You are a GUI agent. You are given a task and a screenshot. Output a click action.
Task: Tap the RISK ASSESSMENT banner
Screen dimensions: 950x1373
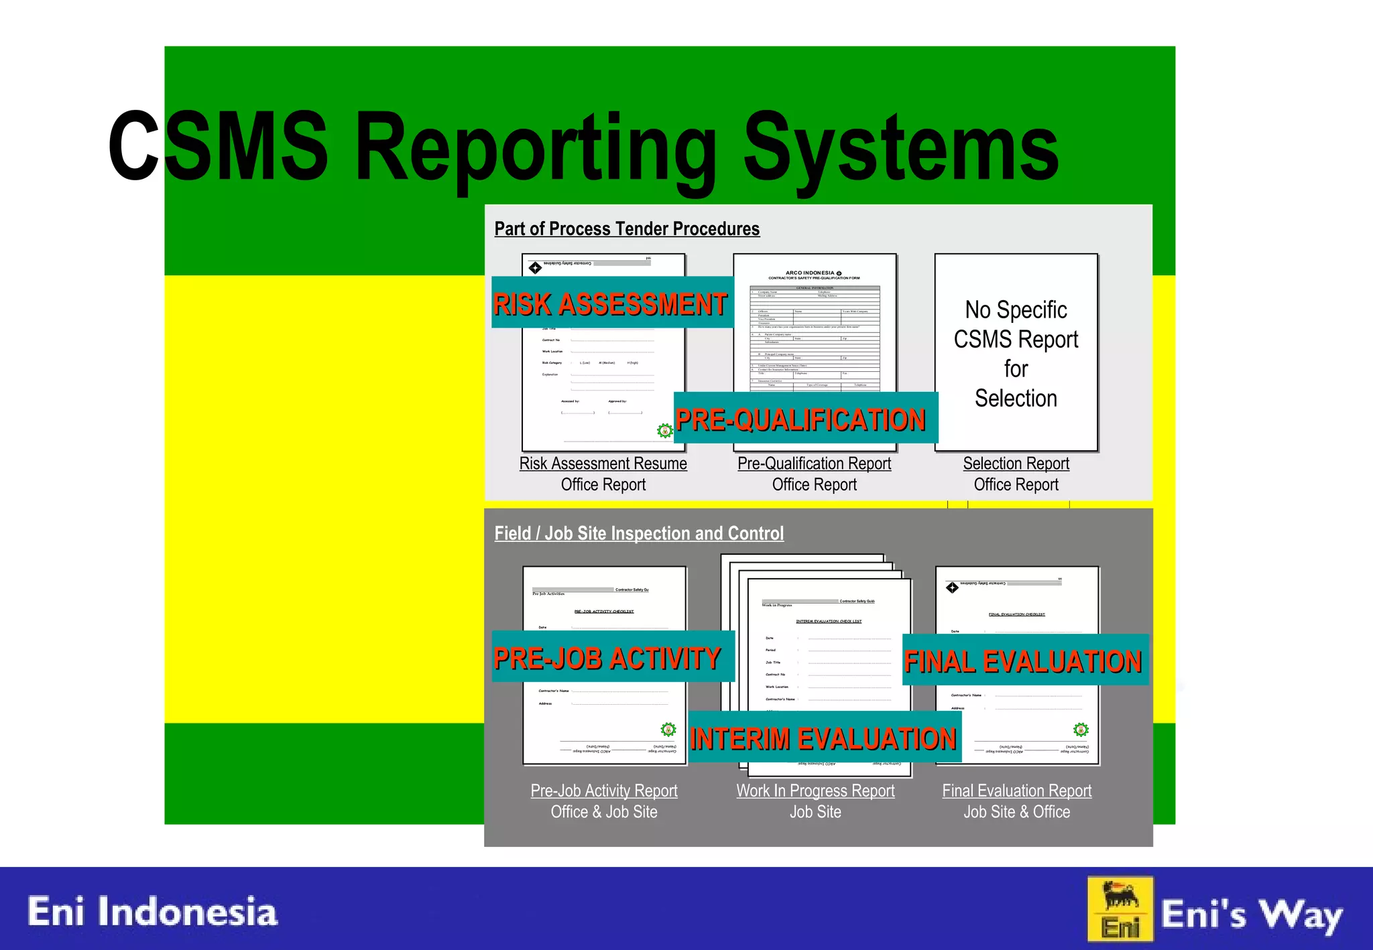[x=611, y=303]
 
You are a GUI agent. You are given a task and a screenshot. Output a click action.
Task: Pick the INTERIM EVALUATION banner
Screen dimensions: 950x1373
[x=823, y=738]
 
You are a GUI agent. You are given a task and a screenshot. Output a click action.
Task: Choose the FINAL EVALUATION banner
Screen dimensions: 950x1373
[x=1023, y=661]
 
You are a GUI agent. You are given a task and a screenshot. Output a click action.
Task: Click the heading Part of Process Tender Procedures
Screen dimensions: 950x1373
[x=627, y=229]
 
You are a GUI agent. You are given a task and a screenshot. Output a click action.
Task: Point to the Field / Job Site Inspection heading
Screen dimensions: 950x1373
[x=639, y=533]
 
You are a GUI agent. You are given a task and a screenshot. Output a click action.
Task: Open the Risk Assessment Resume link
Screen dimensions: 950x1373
[x=603, y=464]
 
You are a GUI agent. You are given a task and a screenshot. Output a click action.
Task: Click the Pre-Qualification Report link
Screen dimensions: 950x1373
[x=815, y=464]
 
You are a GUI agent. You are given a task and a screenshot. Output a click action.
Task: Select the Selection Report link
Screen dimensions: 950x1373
[x=1016, y=464]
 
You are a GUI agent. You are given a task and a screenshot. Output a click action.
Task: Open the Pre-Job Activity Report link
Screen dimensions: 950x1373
[x=604, y=791]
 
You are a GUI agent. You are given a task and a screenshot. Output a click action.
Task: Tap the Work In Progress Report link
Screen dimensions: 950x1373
[x=815, y=791]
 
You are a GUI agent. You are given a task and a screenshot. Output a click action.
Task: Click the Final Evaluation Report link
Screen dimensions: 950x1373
[x=1017, y=791]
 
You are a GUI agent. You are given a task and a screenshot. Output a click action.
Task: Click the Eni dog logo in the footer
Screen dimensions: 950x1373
[x=1120, y=909]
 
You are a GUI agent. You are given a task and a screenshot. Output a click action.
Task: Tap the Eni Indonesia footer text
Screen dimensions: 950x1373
[x=152, y=912]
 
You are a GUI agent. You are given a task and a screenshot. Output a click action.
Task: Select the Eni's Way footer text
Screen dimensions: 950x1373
[x=1251, y=915]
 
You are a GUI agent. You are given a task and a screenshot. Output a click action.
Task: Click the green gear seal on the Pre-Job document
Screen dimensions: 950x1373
[x=668, y=730]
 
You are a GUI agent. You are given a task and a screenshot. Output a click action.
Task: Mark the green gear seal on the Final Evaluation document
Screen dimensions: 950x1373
[x=1081, y=730]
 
